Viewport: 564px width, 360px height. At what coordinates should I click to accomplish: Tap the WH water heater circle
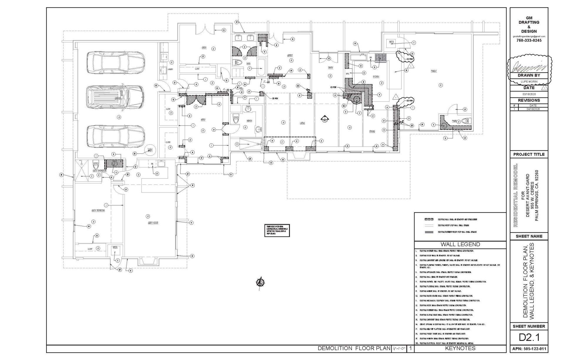pyautogui.click(x=150, y=150)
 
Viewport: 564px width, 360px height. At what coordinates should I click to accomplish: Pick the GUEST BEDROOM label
pyautogui.click(x=98, y=210)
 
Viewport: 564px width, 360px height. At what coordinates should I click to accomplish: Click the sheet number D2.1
pyautogui.click(x=529, y=337)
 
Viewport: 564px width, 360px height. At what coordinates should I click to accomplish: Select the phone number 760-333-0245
pyautogui.click(x=529, y=40)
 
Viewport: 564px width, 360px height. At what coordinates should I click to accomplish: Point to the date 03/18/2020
pyautogui.click(x=529, y=94)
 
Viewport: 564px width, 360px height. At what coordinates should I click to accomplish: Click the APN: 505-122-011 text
pyautogui.click(x=529, y=349)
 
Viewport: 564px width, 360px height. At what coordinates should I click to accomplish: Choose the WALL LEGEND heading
pyautogui.click(x=460, y=244)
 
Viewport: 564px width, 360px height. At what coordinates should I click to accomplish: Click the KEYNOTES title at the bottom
pyautogui.click(x=460, y=349)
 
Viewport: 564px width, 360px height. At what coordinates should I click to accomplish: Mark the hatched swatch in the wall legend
pyautogui.click(x=429, y=219)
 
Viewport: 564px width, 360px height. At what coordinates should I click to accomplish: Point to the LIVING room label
pyautogui.click(x=302, y=123)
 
